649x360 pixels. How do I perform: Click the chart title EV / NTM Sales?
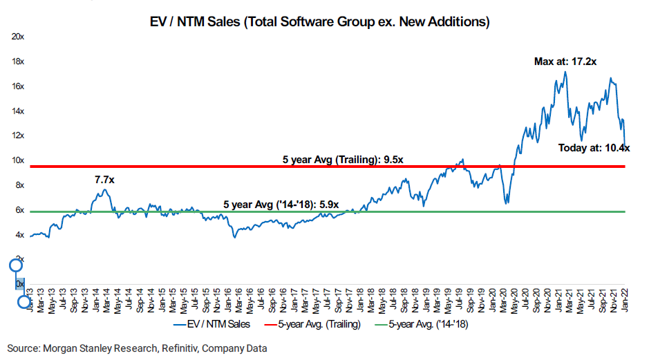pos(324,22)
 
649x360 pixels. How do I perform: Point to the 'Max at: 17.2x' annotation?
pos(565,61)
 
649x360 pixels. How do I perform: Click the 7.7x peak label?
pos(104,180)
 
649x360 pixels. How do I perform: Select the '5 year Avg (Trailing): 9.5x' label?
pos(343,160)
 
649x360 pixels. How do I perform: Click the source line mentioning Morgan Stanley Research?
pos(137,349)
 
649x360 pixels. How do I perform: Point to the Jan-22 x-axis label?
pos(624,302)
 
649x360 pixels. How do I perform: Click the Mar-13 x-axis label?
pos(43,302)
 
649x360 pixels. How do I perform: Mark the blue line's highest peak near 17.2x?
pos(565,72)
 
